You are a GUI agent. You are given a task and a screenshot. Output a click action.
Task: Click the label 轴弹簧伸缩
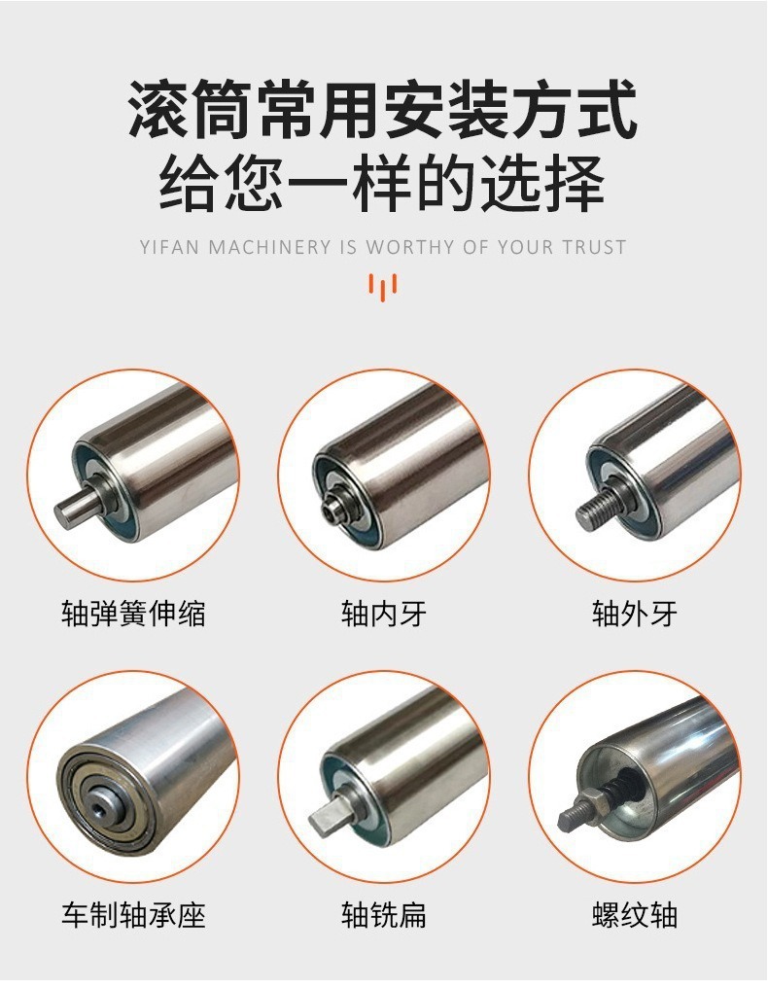[x=133, y=613]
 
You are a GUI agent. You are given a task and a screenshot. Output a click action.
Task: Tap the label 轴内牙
[x=384, y=613]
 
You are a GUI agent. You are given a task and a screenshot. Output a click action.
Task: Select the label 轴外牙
[x=635, y=613]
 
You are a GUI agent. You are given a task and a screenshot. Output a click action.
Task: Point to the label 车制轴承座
[x=133, y=915]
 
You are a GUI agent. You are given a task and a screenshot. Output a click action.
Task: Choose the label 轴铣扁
[x=384, y=915]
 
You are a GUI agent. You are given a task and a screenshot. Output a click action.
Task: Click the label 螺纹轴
[x=635, y=915]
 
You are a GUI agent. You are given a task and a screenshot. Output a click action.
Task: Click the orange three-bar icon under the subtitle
[x=383, y=287]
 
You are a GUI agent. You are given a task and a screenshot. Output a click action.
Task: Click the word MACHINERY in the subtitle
[x=269, y=246]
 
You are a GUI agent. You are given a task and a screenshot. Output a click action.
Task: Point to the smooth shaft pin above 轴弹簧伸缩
[x=76, y=508]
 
